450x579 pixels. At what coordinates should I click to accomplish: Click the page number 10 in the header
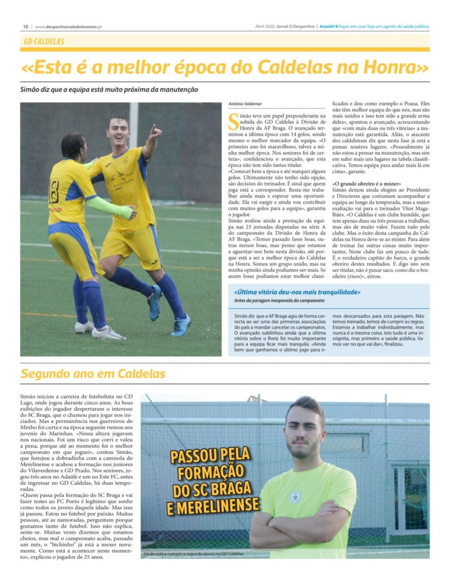coord(25,27)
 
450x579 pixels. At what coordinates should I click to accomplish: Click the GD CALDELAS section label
coord(44,42)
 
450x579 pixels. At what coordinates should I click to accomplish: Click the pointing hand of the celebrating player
coord(155,132)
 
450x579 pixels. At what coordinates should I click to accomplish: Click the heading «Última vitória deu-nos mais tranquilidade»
coord(297,292)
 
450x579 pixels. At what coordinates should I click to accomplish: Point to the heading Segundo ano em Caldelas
coord(93,374)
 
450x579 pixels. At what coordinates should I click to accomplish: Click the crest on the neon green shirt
coord(295,496)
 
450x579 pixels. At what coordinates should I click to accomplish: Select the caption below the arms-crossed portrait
coord(193,554)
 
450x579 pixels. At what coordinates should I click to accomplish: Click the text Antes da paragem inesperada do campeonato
coord(283,300)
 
